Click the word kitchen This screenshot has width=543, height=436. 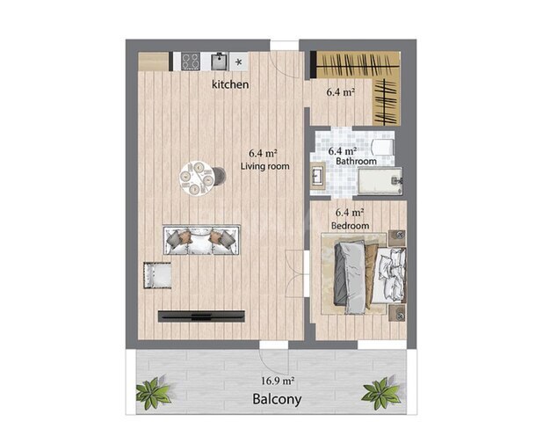(230, 84)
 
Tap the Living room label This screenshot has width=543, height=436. (265, 166)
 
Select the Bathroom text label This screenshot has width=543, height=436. (356, 161)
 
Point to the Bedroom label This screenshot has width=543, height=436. (350, 226)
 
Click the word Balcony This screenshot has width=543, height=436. (277, 399)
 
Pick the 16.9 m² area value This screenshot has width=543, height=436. (278, 381)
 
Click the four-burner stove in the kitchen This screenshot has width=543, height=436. (191, 62)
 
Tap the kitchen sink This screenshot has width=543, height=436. (220, 62)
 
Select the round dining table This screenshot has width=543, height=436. (197, 178)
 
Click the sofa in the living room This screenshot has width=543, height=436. (201, 240)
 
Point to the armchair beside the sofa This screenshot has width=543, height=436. (157, 275)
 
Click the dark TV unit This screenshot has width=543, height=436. (201, 316)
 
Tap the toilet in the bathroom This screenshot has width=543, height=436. (382, 147)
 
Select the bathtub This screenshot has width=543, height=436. (380, 179)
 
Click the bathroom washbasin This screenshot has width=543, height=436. (318, 176)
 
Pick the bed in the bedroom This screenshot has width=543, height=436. (369, 273)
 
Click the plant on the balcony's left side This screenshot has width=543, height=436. (153, 393)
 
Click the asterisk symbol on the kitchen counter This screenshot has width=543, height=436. (239, 62)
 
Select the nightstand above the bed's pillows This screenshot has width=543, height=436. (397, 237)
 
